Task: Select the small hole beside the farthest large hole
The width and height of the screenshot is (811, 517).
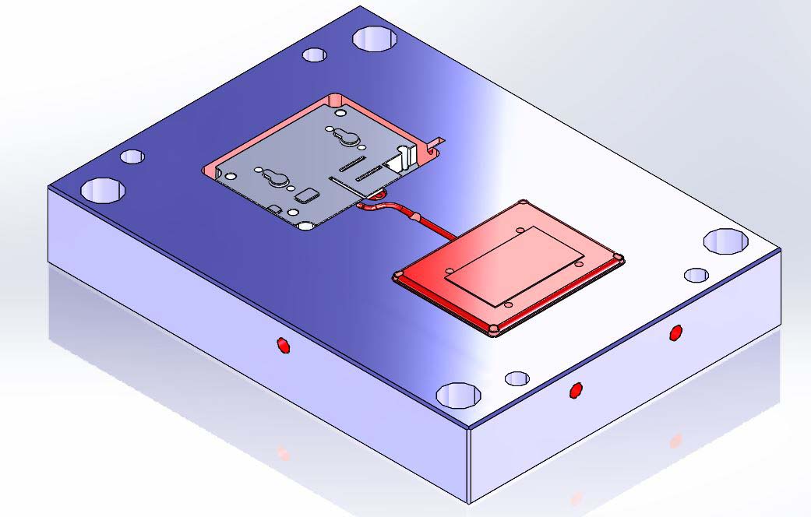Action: tap(315, 55)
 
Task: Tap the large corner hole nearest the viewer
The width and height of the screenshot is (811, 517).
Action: tap(457, 395)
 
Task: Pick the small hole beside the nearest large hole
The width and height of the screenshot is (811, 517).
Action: tap(517, 378)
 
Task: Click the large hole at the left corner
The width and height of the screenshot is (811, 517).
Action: tap(104, 189)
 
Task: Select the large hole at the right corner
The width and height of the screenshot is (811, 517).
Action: tap(725, 241)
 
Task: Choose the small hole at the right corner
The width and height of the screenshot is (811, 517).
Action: tap(696, 275)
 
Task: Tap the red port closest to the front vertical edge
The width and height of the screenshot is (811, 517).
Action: tap(576, 390)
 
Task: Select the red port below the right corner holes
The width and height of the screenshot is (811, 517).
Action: tap(675, 332)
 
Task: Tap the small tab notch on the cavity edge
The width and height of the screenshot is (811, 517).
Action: tap(437, 142)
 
